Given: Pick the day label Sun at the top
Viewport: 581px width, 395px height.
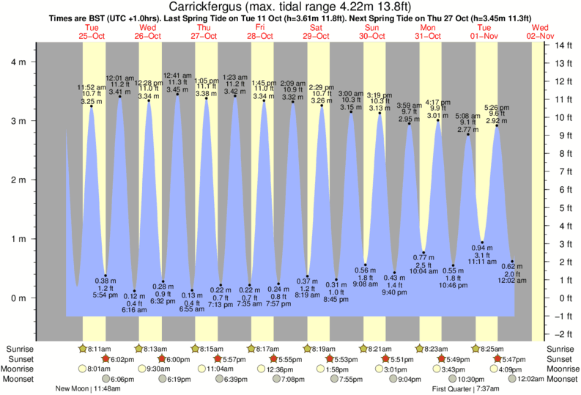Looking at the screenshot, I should pos(373,27).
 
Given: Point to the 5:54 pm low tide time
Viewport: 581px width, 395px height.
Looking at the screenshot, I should pos(106,295).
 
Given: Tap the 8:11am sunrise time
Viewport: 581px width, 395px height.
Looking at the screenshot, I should pos(98,349).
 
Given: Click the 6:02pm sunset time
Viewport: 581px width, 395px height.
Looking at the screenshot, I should pos(121,359).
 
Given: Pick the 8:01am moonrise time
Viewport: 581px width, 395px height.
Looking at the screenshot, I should pos(97,369).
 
